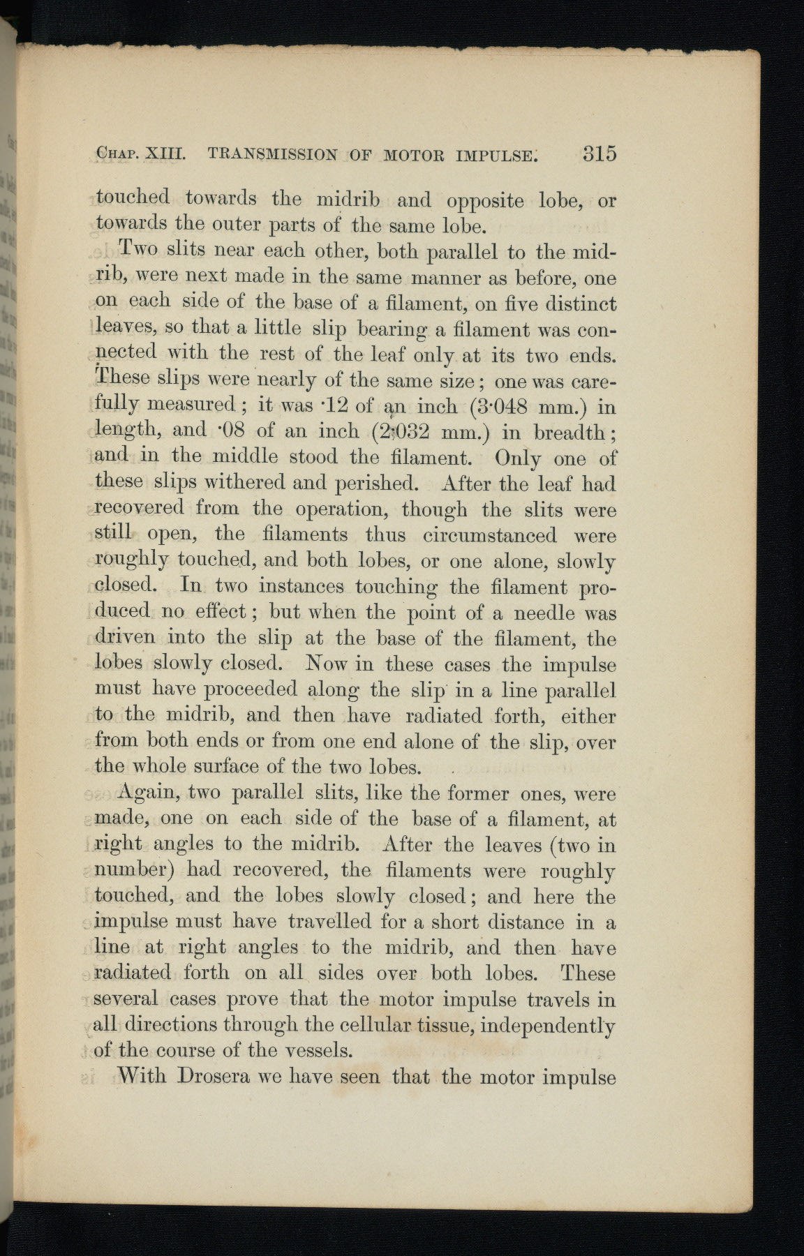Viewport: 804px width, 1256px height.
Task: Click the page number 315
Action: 600,153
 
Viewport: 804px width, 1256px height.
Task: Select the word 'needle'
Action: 544,613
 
